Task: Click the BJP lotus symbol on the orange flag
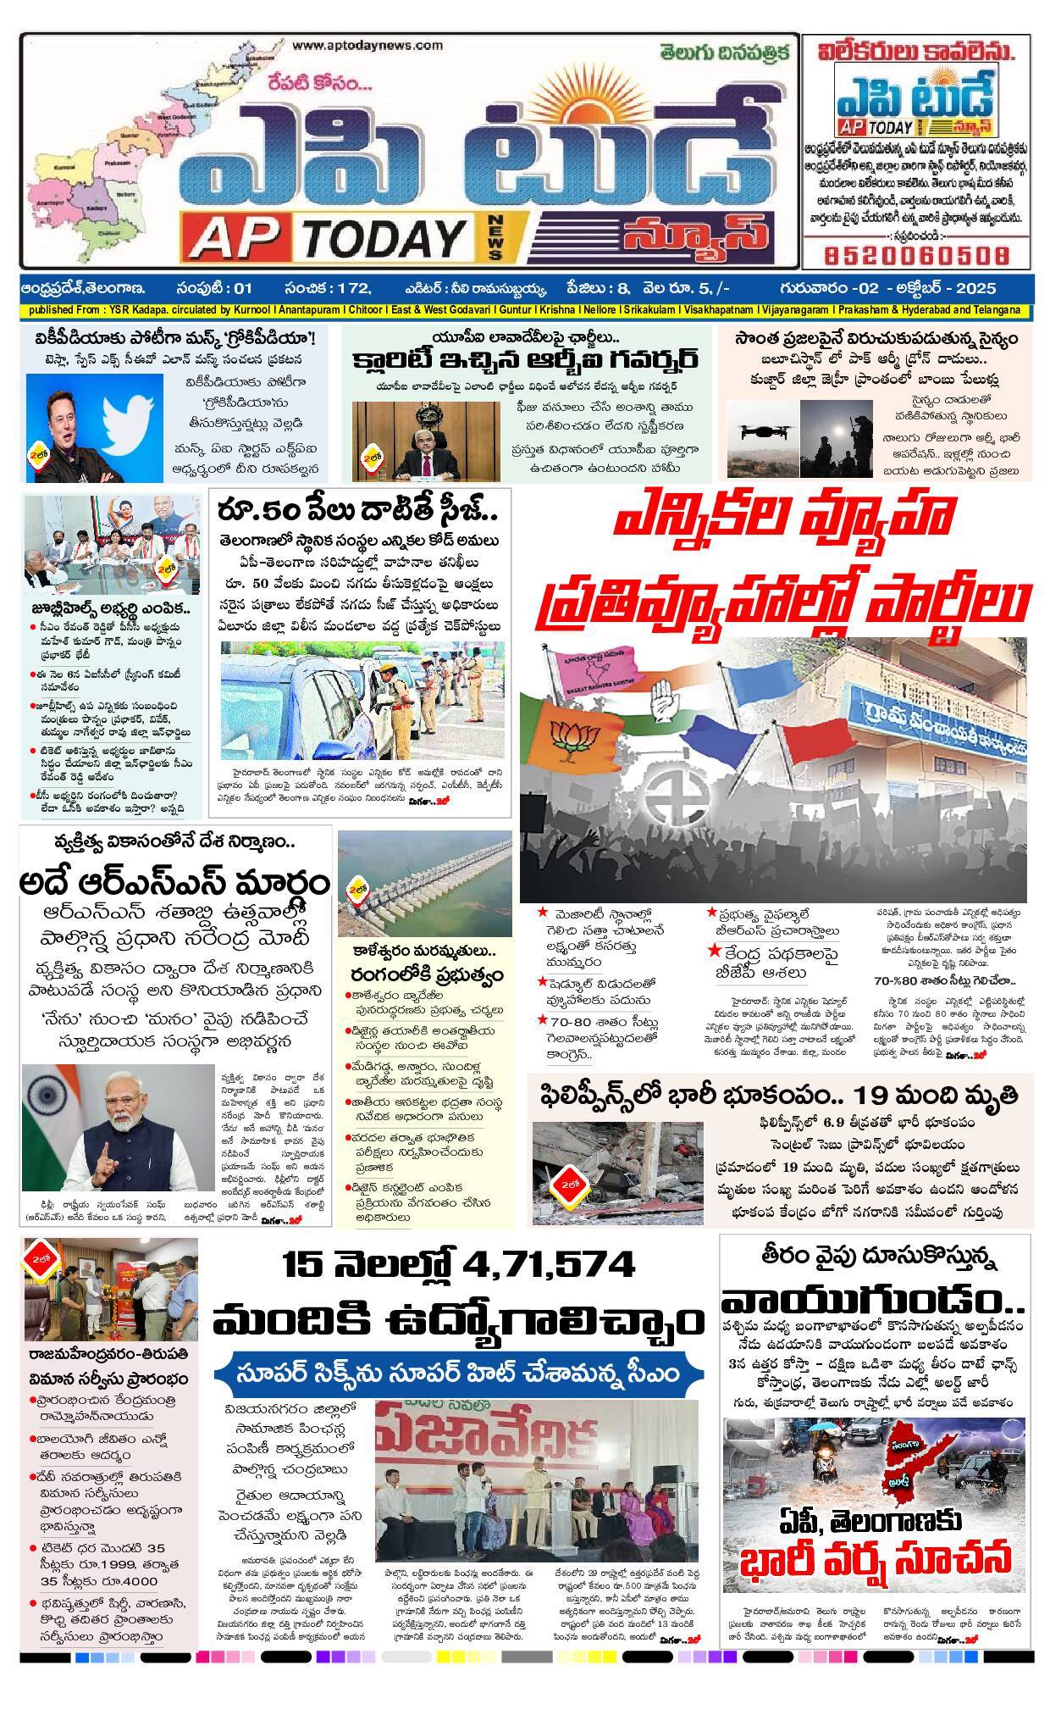click(x=569, y=736)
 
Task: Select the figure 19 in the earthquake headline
click(x=873, y=1092)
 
